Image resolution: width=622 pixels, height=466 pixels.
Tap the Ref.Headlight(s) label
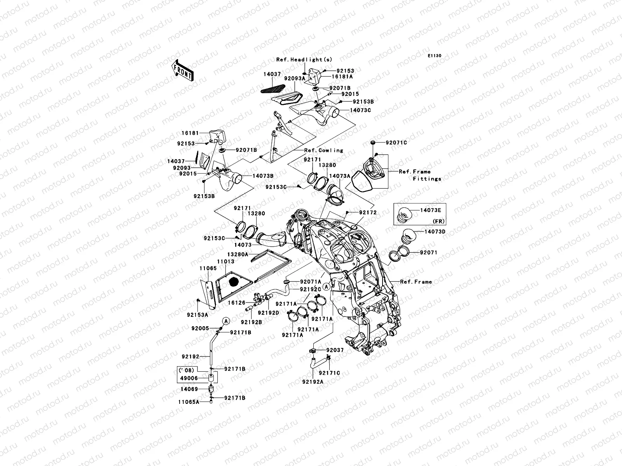click(304, 59)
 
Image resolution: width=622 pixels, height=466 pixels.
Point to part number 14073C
click(360, 110)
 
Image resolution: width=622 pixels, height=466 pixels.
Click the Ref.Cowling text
click(323, 150)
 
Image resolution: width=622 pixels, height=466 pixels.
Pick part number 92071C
click(396, 143)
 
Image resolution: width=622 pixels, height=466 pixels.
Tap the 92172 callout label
click(367, 213)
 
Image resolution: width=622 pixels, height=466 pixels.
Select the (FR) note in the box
click(438, 221)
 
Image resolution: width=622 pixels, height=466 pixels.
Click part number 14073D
click(435, 232)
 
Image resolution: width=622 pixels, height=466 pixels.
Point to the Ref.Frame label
click(416, 282)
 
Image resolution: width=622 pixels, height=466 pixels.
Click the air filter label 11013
click(225, 262)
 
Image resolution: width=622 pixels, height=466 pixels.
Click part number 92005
click(201, 328)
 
